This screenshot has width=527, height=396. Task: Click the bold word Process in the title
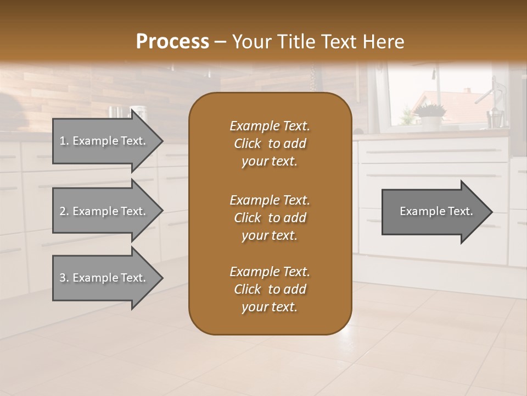click(172, 42)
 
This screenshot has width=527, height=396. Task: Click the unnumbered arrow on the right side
click(436, 211)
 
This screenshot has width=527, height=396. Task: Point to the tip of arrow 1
click(161, 141)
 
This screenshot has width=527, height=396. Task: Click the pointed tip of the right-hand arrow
click(491, 211)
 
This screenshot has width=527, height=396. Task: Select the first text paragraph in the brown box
click(270, 144)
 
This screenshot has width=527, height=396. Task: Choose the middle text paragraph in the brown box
click(270, 217)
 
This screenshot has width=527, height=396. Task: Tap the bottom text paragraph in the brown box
click(270, 289)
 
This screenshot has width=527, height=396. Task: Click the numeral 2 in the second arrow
click(63, 211)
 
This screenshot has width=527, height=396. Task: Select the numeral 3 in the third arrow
click(63, 278)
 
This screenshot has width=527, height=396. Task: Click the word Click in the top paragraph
click(247, 144)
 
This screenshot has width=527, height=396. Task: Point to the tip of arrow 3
click(161, 278)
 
